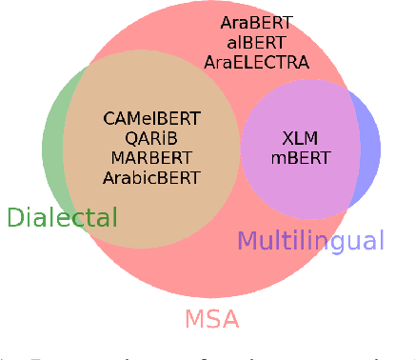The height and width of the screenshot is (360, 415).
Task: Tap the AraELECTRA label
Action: (x=256, y=62)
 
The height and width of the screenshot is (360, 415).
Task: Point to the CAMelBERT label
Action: (x=151, y=119)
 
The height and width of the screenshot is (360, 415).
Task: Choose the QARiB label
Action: (x=152, y=138)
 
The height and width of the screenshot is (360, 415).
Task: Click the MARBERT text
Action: (x=152, y=157)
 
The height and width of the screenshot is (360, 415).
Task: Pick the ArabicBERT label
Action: (x=152, y=176)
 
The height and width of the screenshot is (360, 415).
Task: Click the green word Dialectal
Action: (x=62, y=218)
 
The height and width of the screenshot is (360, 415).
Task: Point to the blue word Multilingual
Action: (x=310, y=241)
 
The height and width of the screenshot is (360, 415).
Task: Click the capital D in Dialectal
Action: (x=15, y=218)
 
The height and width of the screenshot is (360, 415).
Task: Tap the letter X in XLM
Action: (x=287, y=137)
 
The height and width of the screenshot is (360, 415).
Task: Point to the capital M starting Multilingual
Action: (x=247, y=241)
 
